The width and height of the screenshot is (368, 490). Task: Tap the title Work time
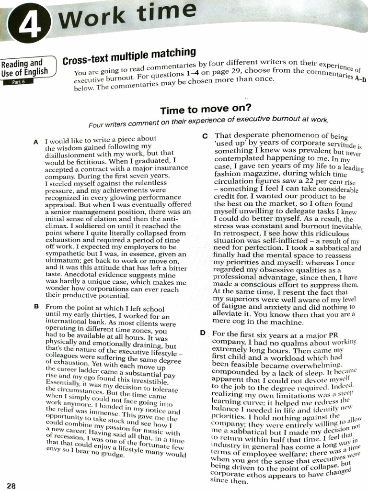(127, 15)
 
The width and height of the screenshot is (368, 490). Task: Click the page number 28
(11, 485)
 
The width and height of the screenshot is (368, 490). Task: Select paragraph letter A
(36, 142)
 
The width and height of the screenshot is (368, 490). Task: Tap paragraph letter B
(36, 306)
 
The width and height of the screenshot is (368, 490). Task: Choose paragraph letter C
(205, 136)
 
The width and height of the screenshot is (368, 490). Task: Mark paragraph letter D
(203, 333)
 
